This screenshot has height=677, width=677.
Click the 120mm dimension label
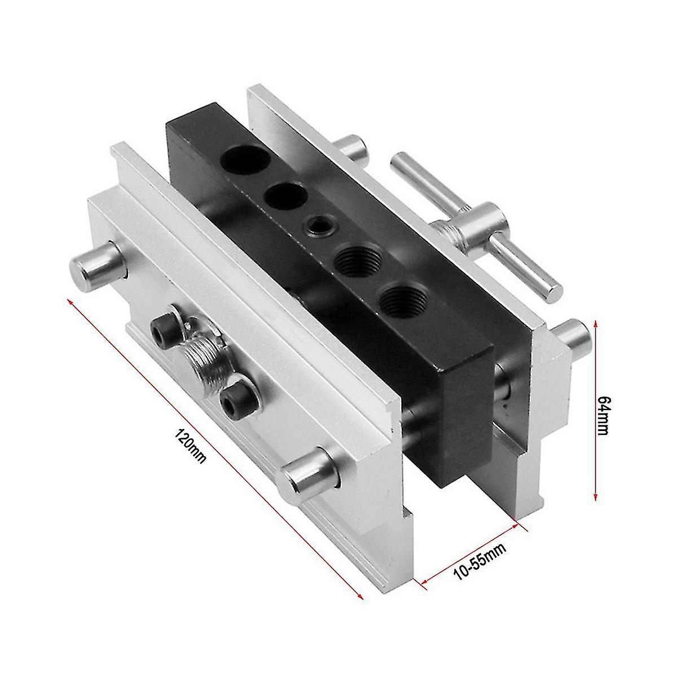point(192,446)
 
